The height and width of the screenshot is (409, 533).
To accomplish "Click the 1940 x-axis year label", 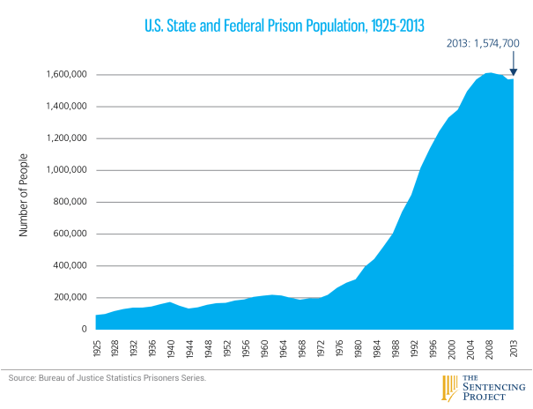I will (167, 344).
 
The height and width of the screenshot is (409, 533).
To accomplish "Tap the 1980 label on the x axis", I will (357, 344).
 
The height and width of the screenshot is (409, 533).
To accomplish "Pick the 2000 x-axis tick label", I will (451, 344).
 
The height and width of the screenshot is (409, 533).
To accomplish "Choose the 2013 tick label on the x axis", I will (513, 344).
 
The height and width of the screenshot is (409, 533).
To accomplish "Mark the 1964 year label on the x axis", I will (281, 344).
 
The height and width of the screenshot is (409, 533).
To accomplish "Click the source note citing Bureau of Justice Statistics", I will (108, 377).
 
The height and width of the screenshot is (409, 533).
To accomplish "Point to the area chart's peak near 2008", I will (489, 73).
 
